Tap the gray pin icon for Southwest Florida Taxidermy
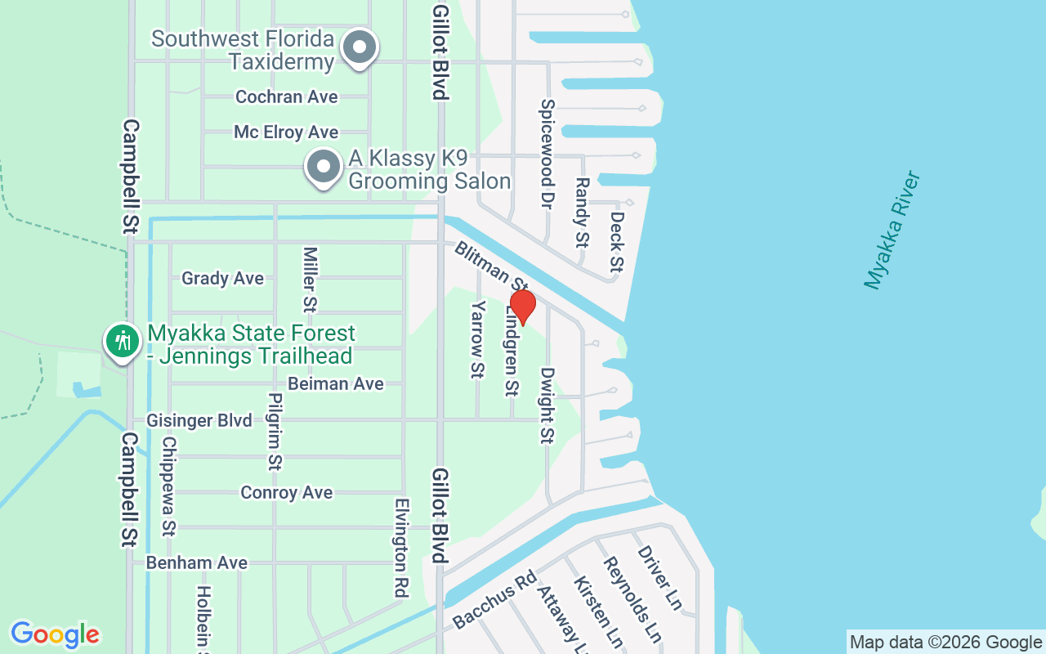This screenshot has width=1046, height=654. tap(359, 47)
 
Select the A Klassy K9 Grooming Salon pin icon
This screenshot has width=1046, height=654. tap(324, 167)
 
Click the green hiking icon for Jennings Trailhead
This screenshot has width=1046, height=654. tap(123, 339)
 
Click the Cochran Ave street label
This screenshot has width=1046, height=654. tap(287, 96)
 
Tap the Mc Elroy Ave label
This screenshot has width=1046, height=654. tap(286, 132)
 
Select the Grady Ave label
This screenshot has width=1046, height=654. tap(223, 278)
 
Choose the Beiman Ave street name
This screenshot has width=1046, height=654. tap(336, 383)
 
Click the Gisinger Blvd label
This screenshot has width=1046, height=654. tap(199, 420)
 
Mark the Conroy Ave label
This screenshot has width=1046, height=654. tap(287, 492)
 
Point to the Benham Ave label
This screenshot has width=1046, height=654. tap(197, 562)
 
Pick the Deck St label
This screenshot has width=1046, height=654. tap(617, 242)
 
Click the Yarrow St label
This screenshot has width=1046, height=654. tap(478, 340)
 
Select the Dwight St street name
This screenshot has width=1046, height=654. tap(547, 405)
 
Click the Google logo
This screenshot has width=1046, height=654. tap(56, 634)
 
